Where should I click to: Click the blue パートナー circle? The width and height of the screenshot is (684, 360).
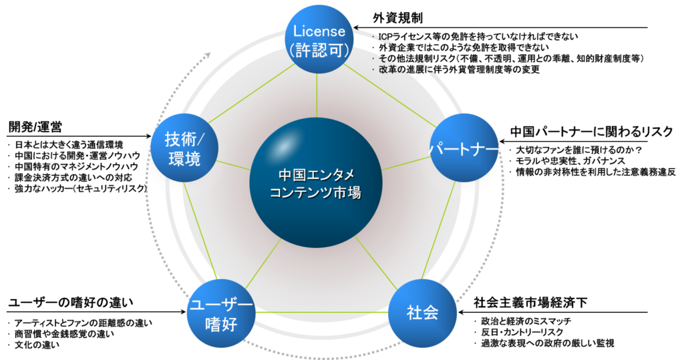click(x=463, y=148)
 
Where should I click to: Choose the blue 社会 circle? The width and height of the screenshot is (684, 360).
click(x=422, y=312)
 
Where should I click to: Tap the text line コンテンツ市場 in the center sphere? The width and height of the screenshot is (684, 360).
click(x=316, y=193)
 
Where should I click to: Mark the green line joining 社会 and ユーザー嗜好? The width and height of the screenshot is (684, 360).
click(x=321, y=312)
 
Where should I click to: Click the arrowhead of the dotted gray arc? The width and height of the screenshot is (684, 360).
click(x=209, y=53)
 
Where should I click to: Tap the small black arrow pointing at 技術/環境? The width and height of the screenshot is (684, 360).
click(x=143, y=136)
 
